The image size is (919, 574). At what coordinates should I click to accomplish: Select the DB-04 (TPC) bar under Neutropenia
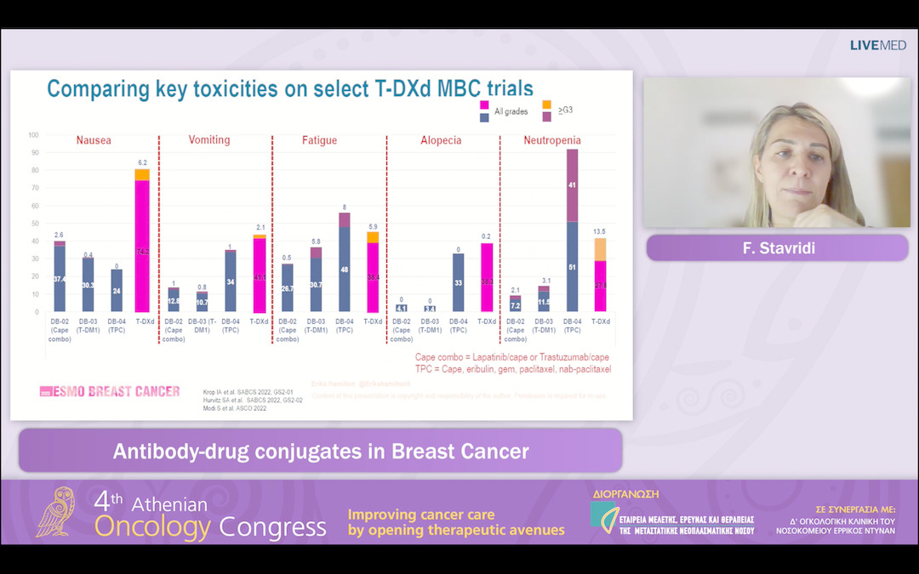(572, 230)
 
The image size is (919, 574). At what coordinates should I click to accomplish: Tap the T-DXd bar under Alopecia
(487, 276)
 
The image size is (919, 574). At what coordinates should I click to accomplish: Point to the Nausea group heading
(94, 140)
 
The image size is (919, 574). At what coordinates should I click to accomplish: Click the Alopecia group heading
(441, 140)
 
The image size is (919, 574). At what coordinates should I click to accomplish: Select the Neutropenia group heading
(552, 140)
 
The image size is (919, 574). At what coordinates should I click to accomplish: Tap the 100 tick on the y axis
(33, 134)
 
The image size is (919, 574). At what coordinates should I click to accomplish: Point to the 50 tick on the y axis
(34, 223)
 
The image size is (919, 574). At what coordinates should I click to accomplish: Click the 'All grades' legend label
(511, 111)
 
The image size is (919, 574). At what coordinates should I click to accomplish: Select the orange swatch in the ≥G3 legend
(547, 104)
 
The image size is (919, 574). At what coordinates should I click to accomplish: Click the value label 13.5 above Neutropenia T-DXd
(600, 231)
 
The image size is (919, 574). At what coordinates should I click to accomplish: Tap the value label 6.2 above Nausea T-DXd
(142, 162)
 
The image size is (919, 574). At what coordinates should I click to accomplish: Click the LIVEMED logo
(877, 45)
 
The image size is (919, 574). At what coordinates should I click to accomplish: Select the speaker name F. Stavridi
(777, 247)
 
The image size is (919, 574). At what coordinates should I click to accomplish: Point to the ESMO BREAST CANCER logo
(110, 391)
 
